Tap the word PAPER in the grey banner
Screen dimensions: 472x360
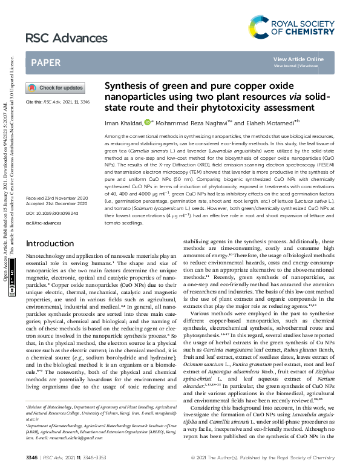pos(45,62)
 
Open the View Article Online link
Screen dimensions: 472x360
pos(298,59)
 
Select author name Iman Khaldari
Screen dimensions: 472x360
pos(125,123)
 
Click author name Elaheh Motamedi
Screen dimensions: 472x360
pos(258,123)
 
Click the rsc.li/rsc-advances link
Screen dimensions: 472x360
pos(41,223)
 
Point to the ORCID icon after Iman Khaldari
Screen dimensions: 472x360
pos(148,122)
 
